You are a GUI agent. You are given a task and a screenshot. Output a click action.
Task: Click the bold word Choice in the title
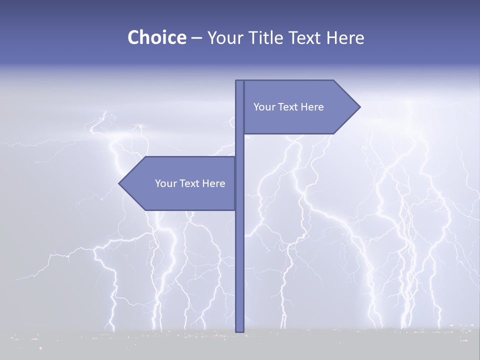click(156, 38)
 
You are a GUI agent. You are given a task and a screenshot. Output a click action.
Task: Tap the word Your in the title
click(224, 38)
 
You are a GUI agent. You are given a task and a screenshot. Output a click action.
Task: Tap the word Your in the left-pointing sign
click(166, 183)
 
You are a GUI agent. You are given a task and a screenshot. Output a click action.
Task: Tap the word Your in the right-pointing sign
click(264, 107)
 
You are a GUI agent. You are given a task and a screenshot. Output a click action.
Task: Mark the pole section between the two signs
click(239, 145)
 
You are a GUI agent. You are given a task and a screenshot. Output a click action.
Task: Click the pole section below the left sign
click(239, 270)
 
